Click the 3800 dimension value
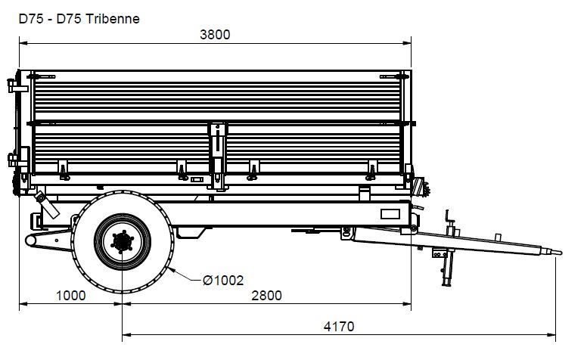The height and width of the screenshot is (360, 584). tap(215, 35)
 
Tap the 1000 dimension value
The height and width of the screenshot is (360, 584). tap(71, 296)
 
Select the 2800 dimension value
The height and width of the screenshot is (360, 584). tap(266, 296)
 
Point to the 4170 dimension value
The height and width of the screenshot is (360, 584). tap(339, 327)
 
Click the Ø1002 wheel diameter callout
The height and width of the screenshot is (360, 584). tap(223, 280)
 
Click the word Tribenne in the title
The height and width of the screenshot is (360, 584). tap(113, 19)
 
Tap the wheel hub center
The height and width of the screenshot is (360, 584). tap(122, 242)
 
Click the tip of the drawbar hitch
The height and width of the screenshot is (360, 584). tap(561, 253)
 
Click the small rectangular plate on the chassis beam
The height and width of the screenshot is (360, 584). tap(390, 214)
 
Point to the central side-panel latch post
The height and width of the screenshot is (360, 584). tap(218, 157)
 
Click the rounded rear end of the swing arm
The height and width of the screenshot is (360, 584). tap(30, 241)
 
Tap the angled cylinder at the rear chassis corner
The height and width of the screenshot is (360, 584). tap(48, 205)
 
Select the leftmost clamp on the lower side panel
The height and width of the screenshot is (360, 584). tap(64, 170)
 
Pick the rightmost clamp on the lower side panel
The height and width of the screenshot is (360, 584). tap(371, 170)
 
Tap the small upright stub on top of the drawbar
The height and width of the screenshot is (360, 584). tap(498, 237)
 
